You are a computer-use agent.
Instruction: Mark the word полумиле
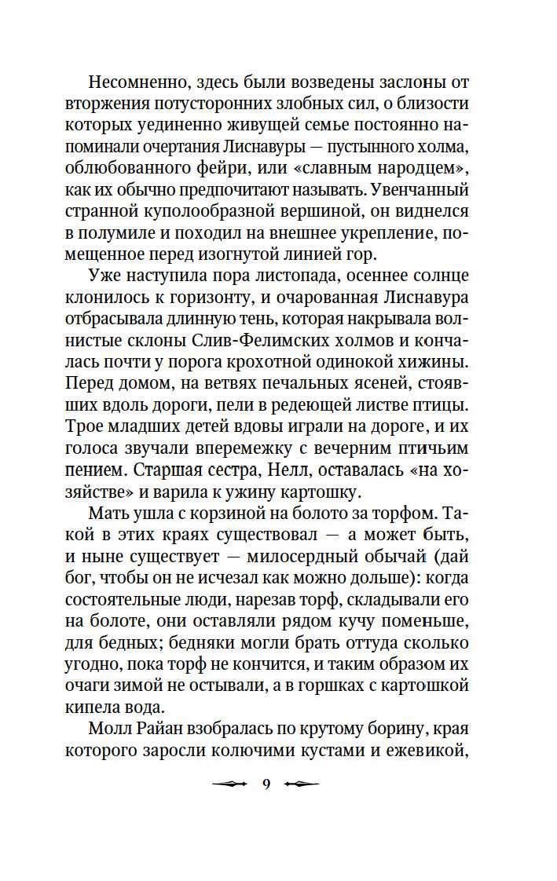(x=139, y=236)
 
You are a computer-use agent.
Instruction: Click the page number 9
(x=266, y=784)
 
